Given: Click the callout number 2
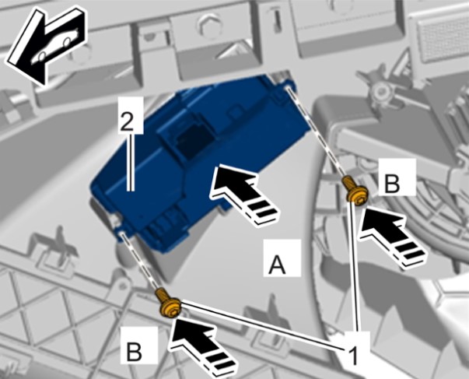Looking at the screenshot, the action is [126, 121].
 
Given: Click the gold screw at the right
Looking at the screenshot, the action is [355, 191].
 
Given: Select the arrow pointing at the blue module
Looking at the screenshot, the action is [243, 191].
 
